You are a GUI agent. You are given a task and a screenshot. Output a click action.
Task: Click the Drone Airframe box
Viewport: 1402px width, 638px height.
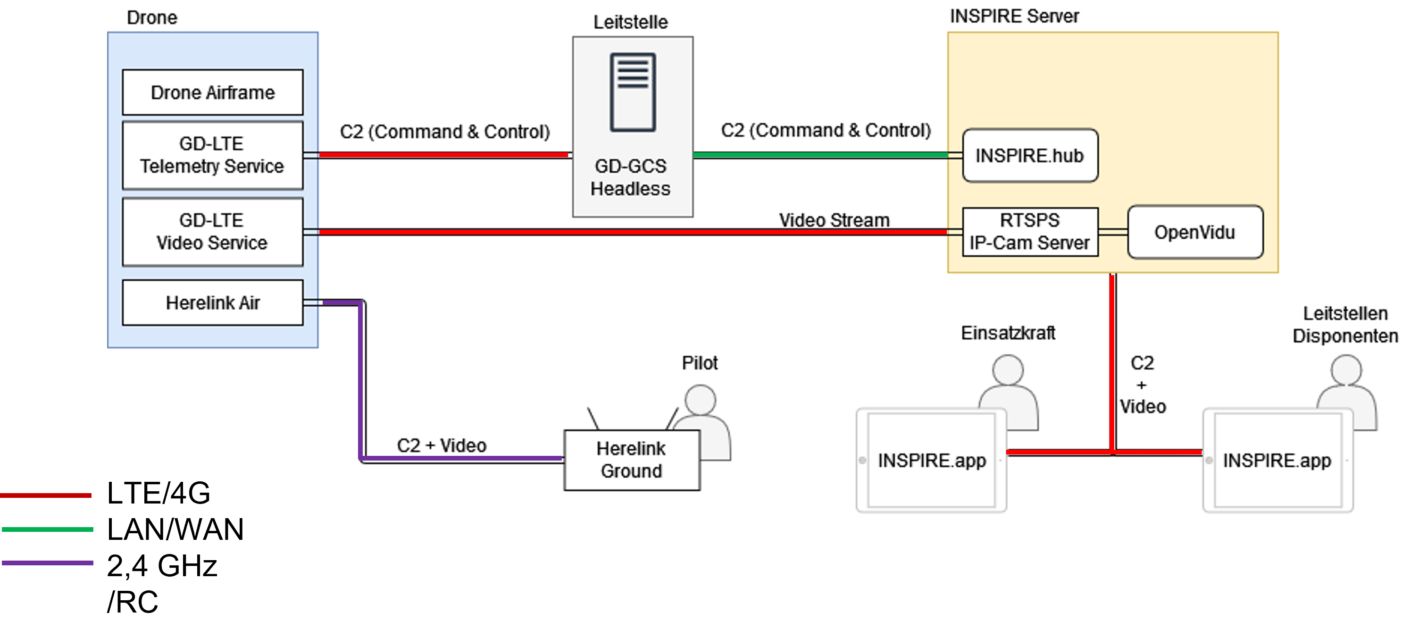[x=213, y=92]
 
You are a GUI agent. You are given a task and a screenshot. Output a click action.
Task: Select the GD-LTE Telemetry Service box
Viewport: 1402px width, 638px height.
[x=213, y=155]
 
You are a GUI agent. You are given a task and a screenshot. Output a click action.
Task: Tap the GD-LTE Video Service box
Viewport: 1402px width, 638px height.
[x=213, y=232]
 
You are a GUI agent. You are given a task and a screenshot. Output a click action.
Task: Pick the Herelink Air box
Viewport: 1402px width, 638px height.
[x=213, y=302]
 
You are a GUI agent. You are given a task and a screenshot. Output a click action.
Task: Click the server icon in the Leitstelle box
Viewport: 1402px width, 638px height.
[x=633, y=92]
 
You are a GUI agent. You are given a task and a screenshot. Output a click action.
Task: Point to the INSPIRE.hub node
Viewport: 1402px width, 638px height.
[x=1030, y=156]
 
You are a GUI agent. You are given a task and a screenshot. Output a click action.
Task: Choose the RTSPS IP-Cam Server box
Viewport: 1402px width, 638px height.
[x=1030, y=232]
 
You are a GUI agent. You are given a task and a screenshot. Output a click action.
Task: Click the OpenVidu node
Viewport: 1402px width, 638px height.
[x=1195, y=232]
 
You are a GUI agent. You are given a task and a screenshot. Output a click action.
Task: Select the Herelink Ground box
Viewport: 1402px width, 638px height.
[x=632, y=460]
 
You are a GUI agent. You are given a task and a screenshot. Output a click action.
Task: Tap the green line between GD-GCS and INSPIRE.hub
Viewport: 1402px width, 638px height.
[x=821, y=155]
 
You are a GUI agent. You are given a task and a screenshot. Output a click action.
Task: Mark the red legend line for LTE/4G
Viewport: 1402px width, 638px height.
[x=46, y=495]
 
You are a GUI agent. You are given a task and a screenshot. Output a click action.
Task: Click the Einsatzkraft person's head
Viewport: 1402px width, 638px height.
[x=1008, y=370]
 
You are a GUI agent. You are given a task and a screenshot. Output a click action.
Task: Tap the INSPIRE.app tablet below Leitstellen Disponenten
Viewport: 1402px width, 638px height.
[x=1278, y=461]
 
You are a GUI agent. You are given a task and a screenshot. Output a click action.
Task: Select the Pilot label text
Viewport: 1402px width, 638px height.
[x=700, y=362]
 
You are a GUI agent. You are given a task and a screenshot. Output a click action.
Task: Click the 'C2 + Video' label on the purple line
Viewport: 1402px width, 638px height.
[x=442, y=445]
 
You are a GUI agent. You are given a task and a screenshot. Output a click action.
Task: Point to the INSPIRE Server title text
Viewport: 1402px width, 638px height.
[x=1015, y=17]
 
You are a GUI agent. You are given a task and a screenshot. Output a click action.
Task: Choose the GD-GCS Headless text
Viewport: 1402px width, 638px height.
[x=631, y=177]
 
